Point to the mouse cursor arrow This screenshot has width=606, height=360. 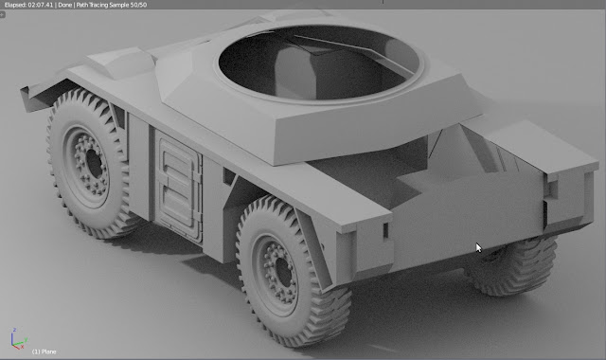tap(479, 248)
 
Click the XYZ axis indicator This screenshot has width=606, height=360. tap(17, 339)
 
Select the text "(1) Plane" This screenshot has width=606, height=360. tap(45, 351)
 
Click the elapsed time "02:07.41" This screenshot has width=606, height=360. tap(40, 5)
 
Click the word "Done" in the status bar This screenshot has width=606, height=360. tap(65, 5)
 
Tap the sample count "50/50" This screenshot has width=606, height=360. tap(138, 5)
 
